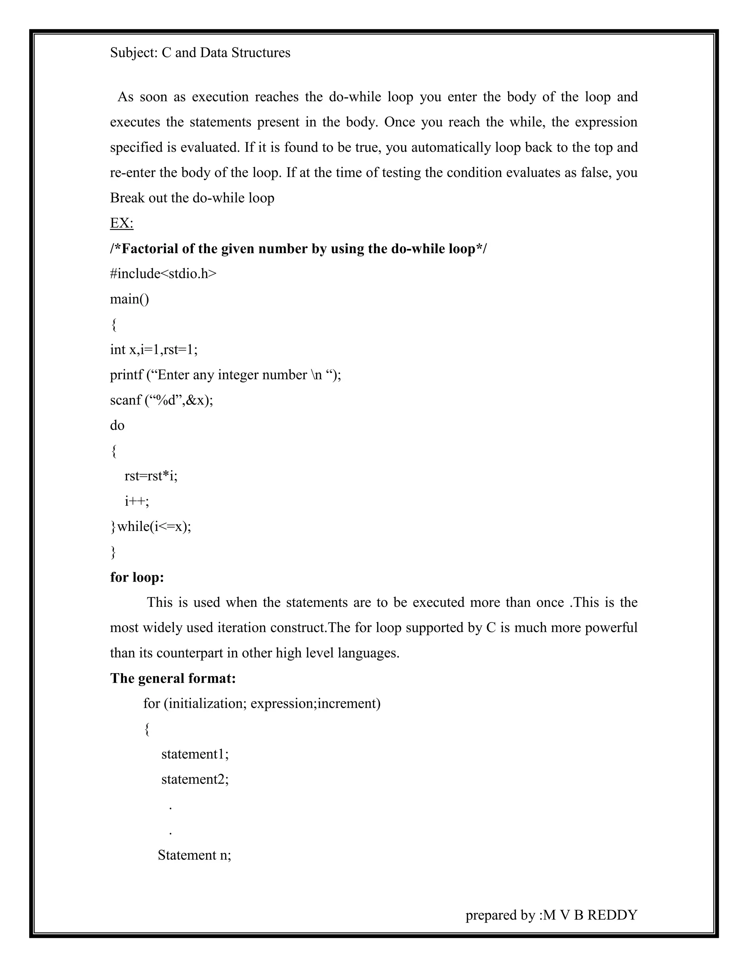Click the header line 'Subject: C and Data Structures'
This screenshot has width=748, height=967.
pyautogui.click(x=200, y=53)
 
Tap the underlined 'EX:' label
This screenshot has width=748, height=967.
pyautogui.click(x=121, y=223)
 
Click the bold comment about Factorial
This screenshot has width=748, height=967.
pyautogui.click(x=298, y=249)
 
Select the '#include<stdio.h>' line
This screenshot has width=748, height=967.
pyautogui.click(x=163, y=274)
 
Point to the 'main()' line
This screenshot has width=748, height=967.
pyautogui.click(x=129, y=299)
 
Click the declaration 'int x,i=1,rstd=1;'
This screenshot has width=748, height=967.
pyautogui.click(x=153, y=350)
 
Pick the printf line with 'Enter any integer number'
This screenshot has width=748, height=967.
pyautogui.click(x=225, y=375)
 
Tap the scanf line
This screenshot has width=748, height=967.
pyautogui.click(x=161, y=400)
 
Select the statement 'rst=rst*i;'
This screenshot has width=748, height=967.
pyautogui.click(x=151, y=476)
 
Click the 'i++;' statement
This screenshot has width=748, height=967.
pyautogui.click(x=137, y=501)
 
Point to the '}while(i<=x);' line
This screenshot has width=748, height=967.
pyautogui.click(x=151, y=527)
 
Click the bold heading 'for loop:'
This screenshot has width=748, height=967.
pyautogui.click(x=137, y=577)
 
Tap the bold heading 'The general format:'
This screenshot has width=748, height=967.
pyautogui.click(x=173, y=678)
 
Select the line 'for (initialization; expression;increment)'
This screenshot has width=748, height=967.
pyautogui.click(x=262, y=704)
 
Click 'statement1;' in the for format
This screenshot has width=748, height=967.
pyautogui.click(x=195, y=754)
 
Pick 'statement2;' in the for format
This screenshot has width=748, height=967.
pyautogui.click(x=195, y=779)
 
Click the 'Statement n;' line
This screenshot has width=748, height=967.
pyautogui.click(x=194, y=855)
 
